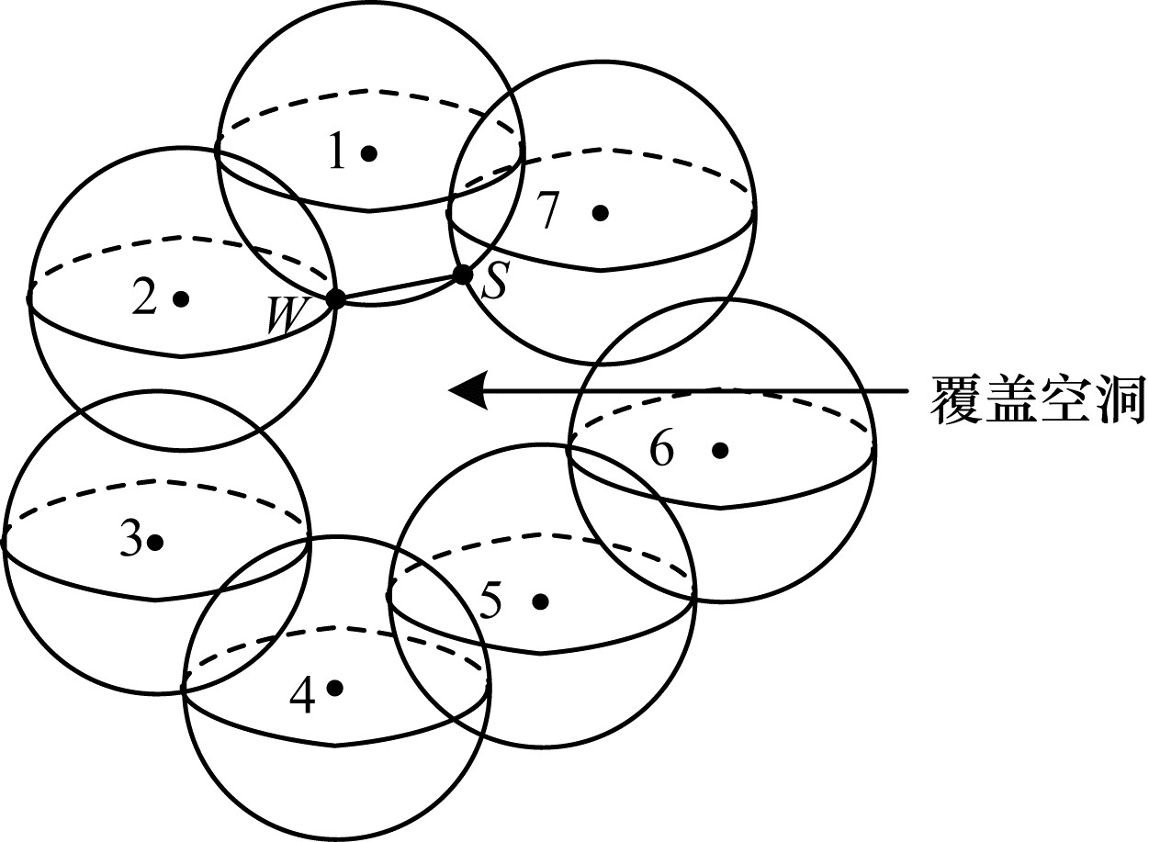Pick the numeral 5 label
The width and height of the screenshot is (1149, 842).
pyautogui.click(x=491, y=602)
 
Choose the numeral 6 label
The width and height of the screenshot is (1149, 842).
pyautogui.click(x=662, y=450)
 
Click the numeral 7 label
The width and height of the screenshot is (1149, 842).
pyautogui.click(x=547, y=213)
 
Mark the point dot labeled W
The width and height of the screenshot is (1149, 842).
pyautogui.click(x=335, y=298)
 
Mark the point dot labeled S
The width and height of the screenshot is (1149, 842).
pyautogui.click(x=463, y=274)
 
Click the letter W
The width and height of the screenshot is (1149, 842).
pyautogui.click(x=285, y=317)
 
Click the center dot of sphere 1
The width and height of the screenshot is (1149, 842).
pyautogui.click(x=369, y=153)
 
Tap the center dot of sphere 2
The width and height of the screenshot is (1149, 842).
pyautogui.click(x=181, y=298)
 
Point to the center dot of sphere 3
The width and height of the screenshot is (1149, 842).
pyautogui.click(x=155, y=543)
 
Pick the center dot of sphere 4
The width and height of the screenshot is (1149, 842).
pyautogui.click(x=334, y=687)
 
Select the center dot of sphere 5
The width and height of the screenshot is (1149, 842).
pyautogui.click(x=540, y=601)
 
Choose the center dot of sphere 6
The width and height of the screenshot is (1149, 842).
pyautogui.click(x=720, y=450)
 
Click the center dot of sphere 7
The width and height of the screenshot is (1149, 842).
pyautogui.click(x=601, y=213)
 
